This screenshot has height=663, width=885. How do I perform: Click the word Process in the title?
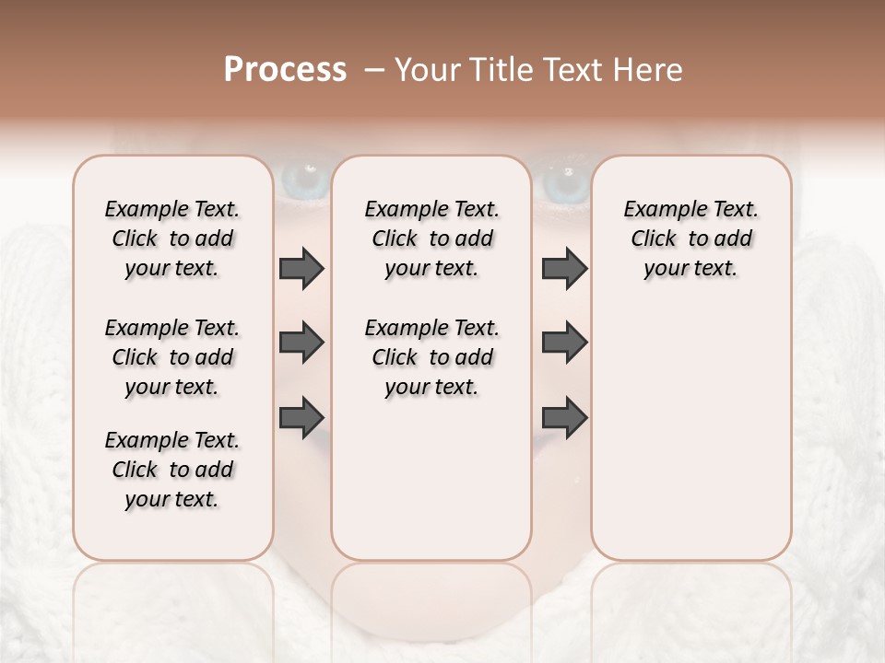pyautogui.click(x=285, y=70)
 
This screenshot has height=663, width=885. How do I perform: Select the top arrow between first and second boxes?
pyautogui.click(x=301, y=269)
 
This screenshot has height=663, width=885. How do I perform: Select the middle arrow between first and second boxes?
pyautogui.click(x=301, y=343)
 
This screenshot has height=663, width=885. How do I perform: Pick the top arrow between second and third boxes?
pyautogui.click(x=564, y=269)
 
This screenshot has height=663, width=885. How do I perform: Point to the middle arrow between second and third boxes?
pyautogui.click(x=564, y=343)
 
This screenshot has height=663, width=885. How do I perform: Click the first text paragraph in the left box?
pyautogui.click(x=172, y=238)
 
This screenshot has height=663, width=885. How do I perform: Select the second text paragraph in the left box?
pyautogui.click(x=172, y=357)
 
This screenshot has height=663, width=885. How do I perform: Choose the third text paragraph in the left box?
pyautogui.click(x=172, y=470)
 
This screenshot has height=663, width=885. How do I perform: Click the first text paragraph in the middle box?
pyautogui.click(x=431, y=238)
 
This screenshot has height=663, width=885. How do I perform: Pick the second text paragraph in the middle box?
pyautogui.click(x=431, y=357)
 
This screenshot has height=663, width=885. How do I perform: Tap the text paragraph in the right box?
pyautogui.click(x=690, y=238)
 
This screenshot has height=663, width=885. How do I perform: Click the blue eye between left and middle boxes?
pyautogui.click(x=302, y=180)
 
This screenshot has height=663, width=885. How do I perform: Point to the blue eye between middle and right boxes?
pyautogui.click(x=563, y=182)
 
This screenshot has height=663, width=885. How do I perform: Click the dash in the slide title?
pyautogui.click(x=374, y=70)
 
